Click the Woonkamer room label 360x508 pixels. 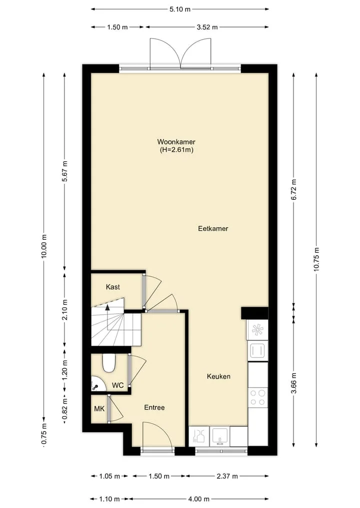coord(176,142)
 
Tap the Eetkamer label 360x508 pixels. coord(213,228)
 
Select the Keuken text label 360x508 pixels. coord(218,376)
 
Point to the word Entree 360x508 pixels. coord(154,408)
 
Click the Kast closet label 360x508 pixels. coord(113,287)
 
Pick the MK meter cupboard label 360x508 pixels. coord(99,409)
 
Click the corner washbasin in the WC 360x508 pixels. coord(98,384)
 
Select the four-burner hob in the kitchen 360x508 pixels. coord(258,398)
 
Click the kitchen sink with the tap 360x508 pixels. coord(220,436)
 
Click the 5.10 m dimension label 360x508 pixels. coord(180,9)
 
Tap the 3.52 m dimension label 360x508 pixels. coord(207,27)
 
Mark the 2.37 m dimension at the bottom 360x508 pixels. coord(227,476)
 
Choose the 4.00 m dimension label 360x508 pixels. coord(198,499)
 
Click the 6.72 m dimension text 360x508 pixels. coord(294,189)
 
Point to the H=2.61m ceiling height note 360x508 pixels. coord(176,150)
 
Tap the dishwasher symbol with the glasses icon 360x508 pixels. coord(199,436)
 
